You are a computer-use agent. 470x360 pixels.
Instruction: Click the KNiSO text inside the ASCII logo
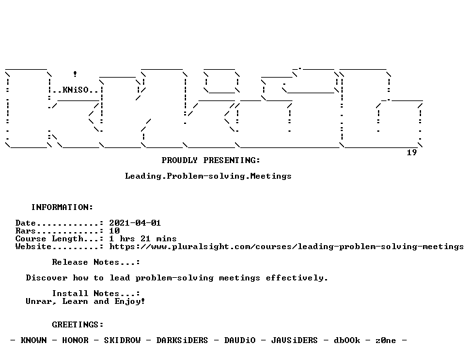(x=76, y=90)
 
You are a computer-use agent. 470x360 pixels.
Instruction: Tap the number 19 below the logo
(x=411, y=153)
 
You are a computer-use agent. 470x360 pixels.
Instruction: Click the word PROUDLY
(x=180, y=160)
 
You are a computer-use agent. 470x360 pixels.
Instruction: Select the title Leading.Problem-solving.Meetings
(x=208, y=176)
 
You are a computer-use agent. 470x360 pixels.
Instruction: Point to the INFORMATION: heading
(x=63, y=207)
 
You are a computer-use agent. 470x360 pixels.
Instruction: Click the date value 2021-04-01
(x=135, y=223)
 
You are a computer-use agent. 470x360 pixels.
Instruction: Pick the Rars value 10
(x=114, y=231)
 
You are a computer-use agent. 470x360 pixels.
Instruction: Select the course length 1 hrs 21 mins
(x=143, y=239)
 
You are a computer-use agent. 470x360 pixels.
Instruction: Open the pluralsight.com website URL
(x=287, y=247)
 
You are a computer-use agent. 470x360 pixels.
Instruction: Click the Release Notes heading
(x=96, y=262)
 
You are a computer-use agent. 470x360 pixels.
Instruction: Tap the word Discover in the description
(x=47, y=278)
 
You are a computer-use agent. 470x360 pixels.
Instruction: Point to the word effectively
(x=297, y=278)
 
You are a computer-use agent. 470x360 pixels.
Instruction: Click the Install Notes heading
(x=96, y=293)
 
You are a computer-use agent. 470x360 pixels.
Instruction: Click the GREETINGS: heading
(x=78, y=324)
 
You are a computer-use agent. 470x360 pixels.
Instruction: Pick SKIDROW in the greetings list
(x=122, y=340)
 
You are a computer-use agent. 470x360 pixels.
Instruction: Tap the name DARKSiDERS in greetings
(x=182, y=340)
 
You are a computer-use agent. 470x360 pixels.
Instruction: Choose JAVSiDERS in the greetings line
(x=294, y=340)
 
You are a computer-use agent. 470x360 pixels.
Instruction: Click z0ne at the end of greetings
(x=386, y=340)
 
